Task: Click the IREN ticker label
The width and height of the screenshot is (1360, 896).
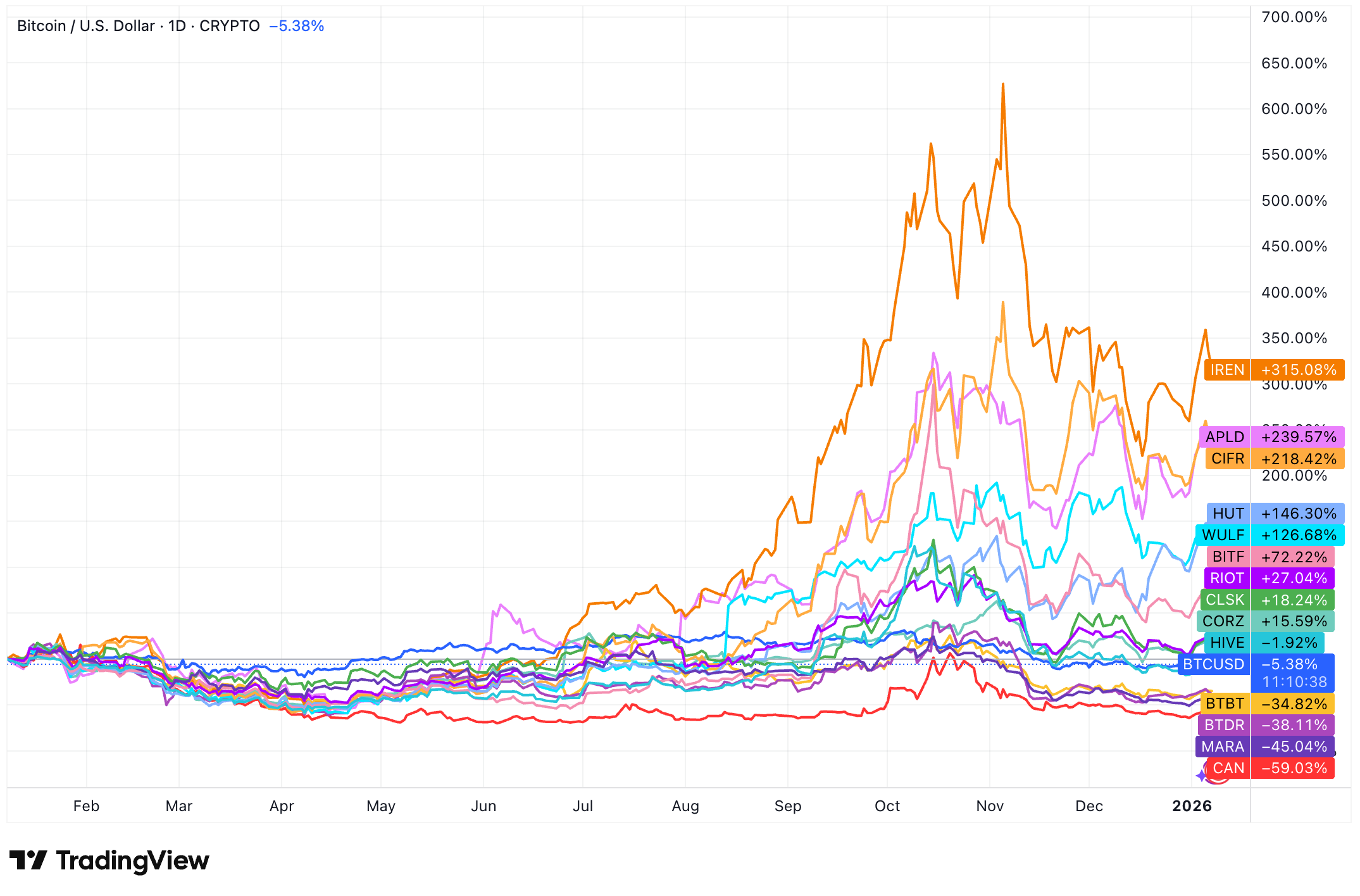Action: pyautogui.click(x=1227, y=370)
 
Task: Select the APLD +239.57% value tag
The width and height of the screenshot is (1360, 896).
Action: pyautogui.click(x=1298, y=437)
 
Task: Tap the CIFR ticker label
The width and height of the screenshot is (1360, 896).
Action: pyautogui.click(x=1228, y=458)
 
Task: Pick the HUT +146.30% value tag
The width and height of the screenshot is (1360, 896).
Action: pyautogui.click(x=1298, y=514)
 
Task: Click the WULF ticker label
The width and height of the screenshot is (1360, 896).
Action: pyautogui.click(x=1223, y=535)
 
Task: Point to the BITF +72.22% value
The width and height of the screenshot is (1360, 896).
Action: pyautogui.click(x=1294, y=557)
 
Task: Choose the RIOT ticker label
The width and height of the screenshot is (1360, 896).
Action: pyautogui.click(x=1227, y=578)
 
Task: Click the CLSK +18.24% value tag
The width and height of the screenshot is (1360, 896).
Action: pyautogui.click(x=1294, y=600)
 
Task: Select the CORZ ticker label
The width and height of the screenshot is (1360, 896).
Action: pyautogui.click(x=1223, y=621)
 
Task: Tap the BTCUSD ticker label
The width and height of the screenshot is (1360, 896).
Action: pyautogui.click(x=1214, y=664)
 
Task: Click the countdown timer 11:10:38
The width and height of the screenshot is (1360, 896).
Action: pyautogui.click(x=1294, y=682)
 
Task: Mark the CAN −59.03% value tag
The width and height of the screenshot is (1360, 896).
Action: pyautogui.click(x=1294, y=768)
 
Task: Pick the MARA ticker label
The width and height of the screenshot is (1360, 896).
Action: pyautogui.click(x=1223, y=747)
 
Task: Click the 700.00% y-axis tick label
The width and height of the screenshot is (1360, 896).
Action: pyautogui.click(x=1294, y=17)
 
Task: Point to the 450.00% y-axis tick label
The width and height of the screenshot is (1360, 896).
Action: pyautogui.click(x=1294, y=246)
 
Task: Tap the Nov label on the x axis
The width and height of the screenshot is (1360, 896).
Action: pyautogui.click(x=990, y=806)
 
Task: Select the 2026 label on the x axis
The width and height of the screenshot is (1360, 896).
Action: pyautogui.click(x=1192, y=806)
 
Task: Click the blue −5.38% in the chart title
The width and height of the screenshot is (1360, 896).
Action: pyautogui.click(x=296, y=26)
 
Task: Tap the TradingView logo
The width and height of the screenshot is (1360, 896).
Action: pyautogui.click(x=109, y=861)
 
